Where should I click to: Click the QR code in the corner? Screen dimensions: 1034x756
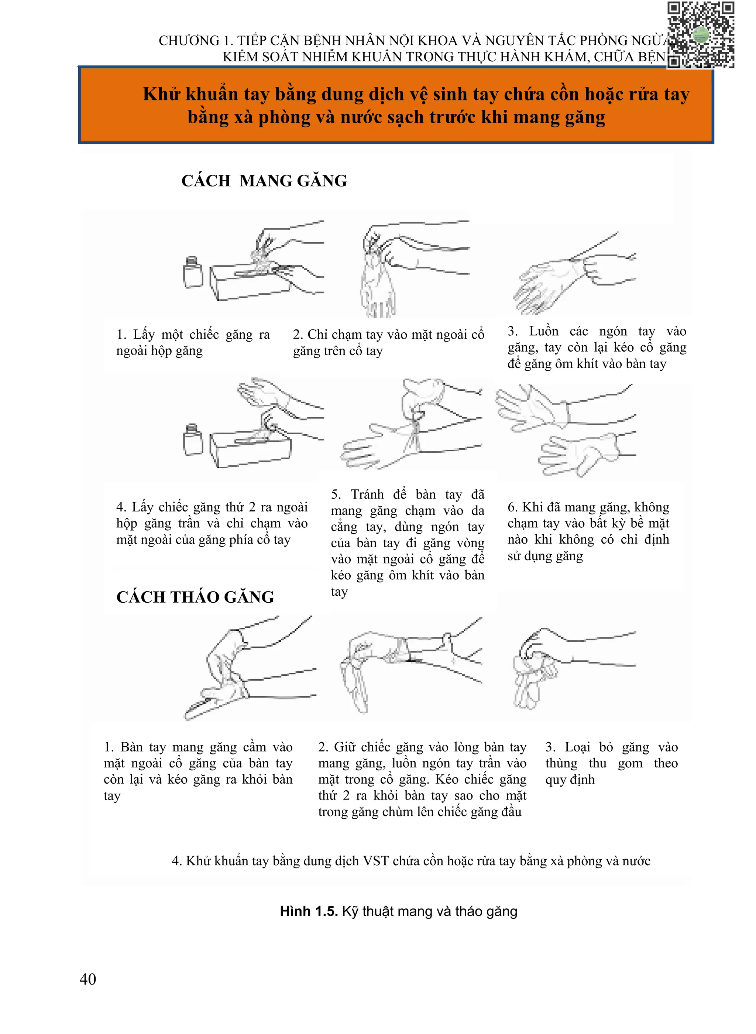701,35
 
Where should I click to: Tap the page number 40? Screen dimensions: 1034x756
87,979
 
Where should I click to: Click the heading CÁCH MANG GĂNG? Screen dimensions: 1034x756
264,181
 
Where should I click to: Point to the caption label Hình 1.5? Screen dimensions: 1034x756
309,911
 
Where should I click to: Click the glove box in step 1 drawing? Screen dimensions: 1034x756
250,283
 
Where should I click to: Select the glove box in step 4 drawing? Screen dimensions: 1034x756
250,449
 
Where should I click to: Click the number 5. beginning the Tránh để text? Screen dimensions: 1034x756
336,494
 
